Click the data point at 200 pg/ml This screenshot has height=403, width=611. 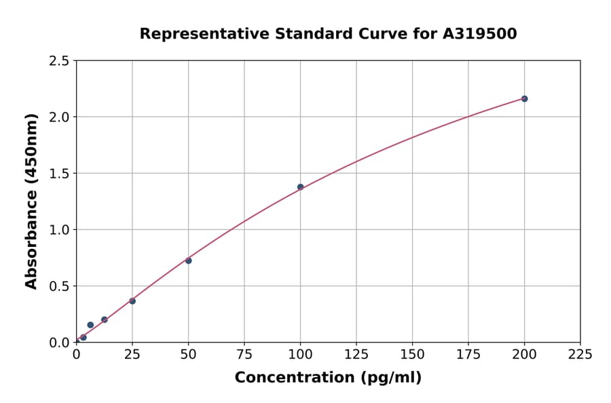click(524, 99)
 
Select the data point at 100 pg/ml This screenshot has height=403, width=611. click(300, 187)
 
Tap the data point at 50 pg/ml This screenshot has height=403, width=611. click(189, 261)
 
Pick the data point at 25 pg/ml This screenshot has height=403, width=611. click(132, 301)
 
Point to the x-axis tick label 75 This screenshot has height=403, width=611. click(244, 354)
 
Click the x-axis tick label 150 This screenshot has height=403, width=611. click(412, 354)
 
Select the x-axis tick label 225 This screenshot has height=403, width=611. click(580, 354)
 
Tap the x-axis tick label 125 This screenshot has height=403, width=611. click(356, 354)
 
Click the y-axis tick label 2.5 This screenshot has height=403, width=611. click(60, 61)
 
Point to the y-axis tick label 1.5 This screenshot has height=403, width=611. click(60, 174)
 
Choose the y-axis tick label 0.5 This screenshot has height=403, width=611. click(60, 286)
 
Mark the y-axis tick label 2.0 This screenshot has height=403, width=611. click(60, 117)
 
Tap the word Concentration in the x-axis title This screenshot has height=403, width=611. click(295, 378)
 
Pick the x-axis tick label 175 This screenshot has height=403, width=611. click(468, 354)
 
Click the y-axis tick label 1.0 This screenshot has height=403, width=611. click(60, 230)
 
